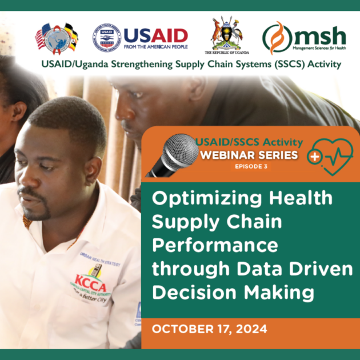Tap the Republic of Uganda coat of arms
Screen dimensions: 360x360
[225, 35]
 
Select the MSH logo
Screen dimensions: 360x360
[303, 37]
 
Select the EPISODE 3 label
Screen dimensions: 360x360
[247, 166]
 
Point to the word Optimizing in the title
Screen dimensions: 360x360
[199, 199]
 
